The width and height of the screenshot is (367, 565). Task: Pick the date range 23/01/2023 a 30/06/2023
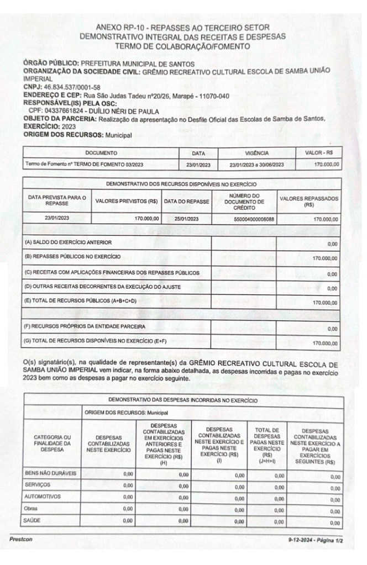(256, 164)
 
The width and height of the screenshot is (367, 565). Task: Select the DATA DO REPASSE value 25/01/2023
(187, 219)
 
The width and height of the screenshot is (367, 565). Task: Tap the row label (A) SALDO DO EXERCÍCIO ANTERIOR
(69, 242)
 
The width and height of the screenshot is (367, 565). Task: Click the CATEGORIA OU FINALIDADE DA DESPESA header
(52, 443)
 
